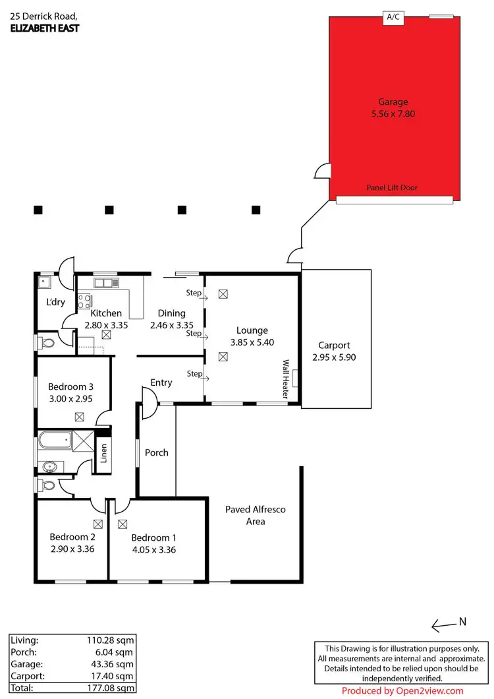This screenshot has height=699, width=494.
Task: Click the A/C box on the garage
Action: tap(393, 18)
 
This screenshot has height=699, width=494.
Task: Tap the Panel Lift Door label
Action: tap(392, 188)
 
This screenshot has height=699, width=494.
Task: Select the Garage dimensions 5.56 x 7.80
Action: tap(393, 113)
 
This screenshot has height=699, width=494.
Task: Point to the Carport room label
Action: tap(334, 345)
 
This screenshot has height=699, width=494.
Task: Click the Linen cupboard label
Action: tap(103, 452)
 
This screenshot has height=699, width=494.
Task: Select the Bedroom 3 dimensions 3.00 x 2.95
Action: tap(70, 399)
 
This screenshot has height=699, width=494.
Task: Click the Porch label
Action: tap(157, 452)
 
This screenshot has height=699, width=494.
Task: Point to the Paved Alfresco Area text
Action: tap(256, 515)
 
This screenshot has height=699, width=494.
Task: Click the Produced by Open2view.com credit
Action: tap(402, 691)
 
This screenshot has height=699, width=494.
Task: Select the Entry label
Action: tap(161, 382)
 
